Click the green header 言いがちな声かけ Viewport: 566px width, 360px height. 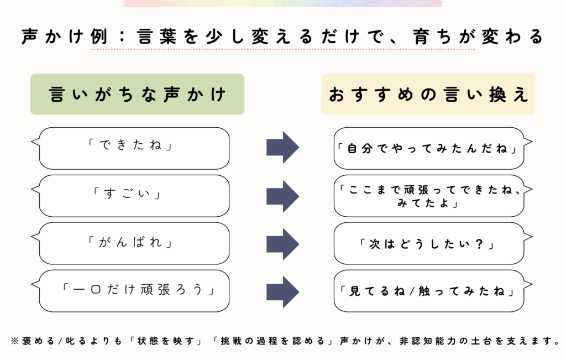(x=137, y=95)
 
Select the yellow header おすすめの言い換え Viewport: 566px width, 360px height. (x=428, y=95)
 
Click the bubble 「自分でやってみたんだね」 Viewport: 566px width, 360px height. (x=429, y=148)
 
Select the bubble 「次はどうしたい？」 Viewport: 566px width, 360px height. (x=429, y=243)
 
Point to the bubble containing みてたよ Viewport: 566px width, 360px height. (x=429, y=196)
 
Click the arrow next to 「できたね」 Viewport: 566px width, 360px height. (x=282, y=148)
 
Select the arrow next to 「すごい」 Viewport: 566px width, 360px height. (x=282, y=196)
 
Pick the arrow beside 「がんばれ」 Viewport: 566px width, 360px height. (x=282, y=243)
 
